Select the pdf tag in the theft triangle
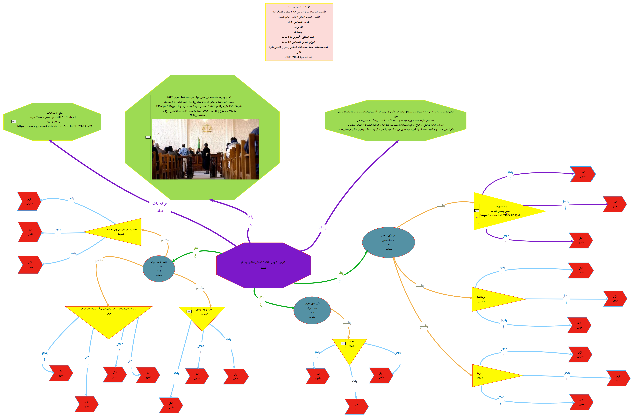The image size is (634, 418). (x=343, y=343)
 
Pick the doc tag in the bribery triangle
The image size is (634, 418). (x=189, y=311)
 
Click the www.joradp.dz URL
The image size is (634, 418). (x=54, y=117)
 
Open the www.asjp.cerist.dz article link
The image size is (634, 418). (x=54, y=126)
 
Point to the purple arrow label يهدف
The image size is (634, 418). (x=323, y=228)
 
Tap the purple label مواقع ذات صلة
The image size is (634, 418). (x=160, y=207)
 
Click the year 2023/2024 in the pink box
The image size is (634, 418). (x=292, y=57)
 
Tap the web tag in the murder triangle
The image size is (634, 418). (x=477, y=211)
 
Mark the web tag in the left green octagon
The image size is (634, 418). (x=14, y=122)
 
